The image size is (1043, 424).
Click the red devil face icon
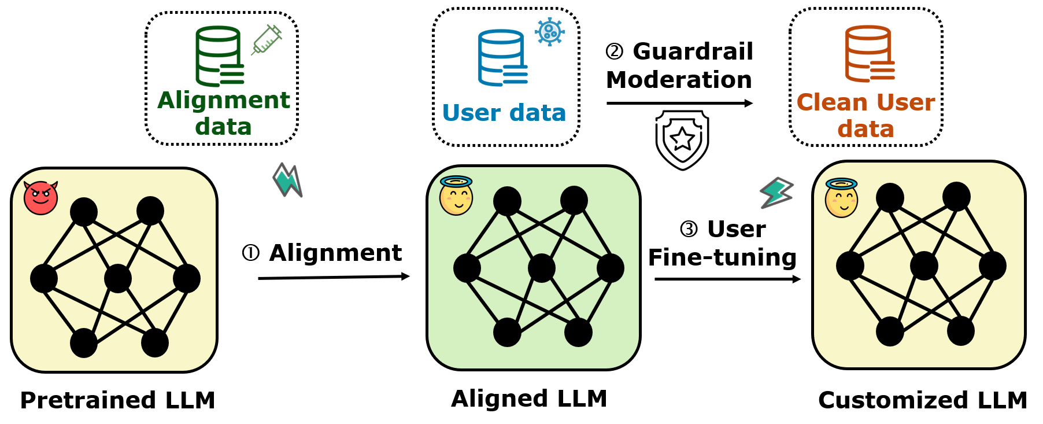(x=40, y=198)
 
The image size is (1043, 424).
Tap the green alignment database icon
(x=219, y=56)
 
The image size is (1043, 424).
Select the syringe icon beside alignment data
(x=266, y=40)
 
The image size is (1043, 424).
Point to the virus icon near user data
(x=549, y=31)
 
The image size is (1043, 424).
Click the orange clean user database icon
(x=869, y=54)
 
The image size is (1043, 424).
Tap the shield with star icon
(x=682, y=139)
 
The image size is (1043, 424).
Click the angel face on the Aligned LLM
(x=456, y=196)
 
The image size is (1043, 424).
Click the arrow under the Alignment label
(x=334, y=278)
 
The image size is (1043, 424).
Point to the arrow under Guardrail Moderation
(x=679, y=104)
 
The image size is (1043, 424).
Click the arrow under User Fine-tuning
(x=727, y=279)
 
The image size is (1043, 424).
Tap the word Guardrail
(x=693, y=51)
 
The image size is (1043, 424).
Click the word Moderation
(x=679, y=80)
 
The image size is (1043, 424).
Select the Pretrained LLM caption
(x=117, y=400)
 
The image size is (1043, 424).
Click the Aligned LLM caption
(x=529, y=399)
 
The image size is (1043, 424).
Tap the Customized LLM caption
(x=922, y=400)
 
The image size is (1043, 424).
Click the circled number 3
(x=689, y=230)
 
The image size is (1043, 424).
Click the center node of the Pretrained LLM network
(x=118, y=279)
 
